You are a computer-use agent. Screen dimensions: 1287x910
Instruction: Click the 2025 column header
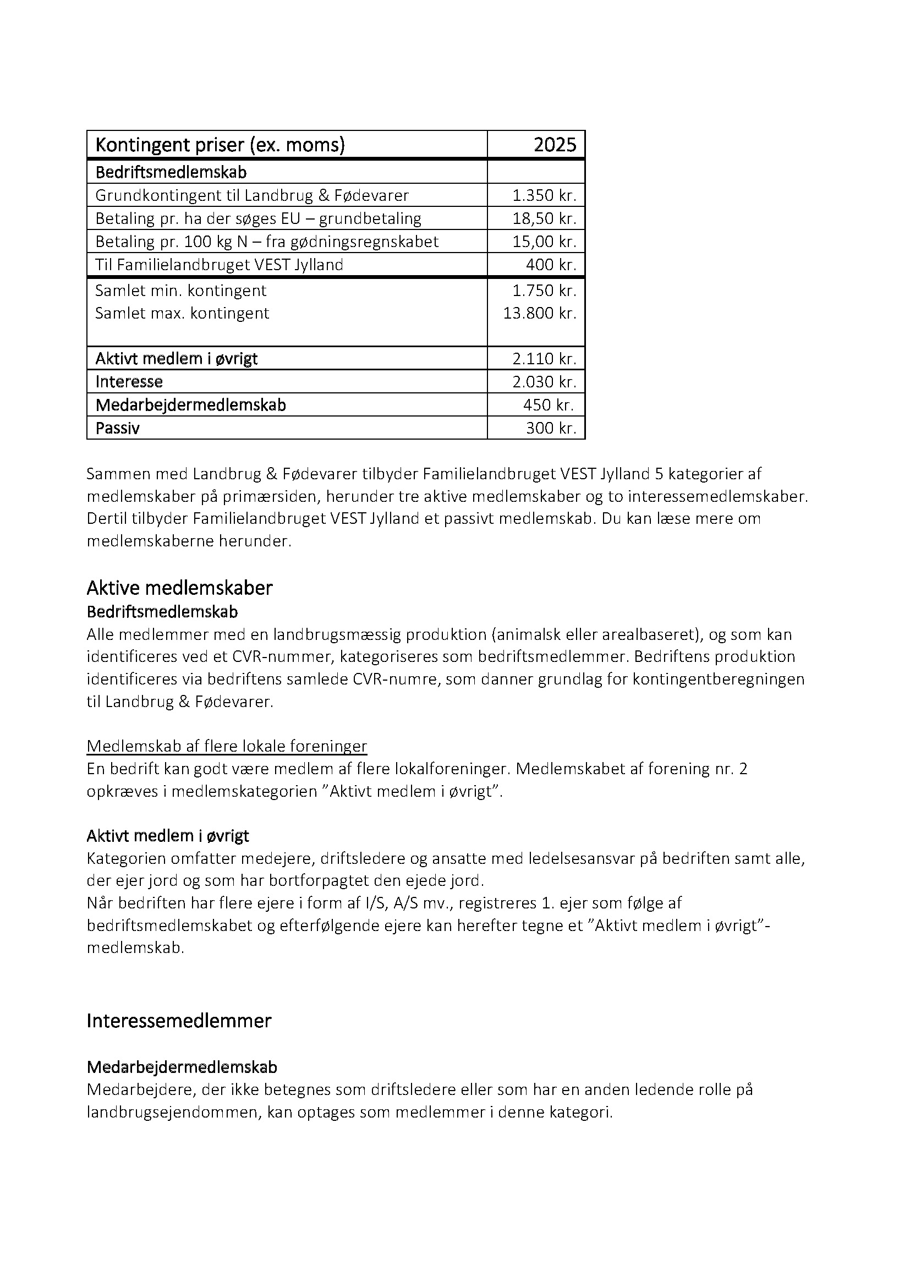click(554, 145)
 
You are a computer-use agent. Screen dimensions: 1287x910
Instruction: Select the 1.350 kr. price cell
click(544, 196)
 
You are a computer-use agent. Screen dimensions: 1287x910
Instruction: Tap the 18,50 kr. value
click(544, 218)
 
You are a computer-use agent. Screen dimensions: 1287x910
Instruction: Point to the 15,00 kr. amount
click(544, 242)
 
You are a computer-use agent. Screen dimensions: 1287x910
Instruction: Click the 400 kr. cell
click(551, 265)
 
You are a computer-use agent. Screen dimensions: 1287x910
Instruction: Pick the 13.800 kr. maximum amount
click(540, 313)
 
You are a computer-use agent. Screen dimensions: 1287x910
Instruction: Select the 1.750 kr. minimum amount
click(544, 291)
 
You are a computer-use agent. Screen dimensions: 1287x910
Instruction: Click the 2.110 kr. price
click(544, 359)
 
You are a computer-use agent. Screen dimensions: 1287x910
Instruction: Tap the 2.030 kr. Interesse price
click(544, 382)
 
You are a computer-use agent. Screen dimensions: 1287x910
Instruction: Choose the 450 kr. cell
click(549, 405)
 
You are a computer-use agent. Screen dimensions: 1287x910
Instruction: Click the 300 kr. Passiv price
click(551, 428)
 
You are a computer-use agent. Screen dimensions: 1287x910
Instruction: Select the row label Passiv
click(118, 428)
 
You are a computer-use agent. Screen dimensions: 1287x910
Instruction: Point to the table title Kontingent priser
click(220, 145)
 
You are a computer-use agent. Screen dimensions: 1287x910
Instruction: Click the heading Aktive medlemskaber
click(179, 588)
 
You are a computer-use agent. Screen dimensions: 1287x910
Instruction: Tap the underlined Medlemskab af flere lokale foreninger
click(226, 746)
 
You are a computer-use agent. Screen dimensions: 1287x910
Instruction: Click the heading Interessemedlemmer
click(179, 1021)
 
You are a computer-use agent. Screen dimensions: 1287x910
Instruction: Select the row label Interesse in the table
click(129, 382)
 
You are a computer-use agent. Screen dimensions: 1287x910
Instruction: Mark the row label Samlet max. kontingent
click(182, 313)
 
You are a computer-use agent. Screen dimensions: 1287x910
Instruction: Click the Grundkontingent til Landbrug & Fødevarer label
click(252, 196)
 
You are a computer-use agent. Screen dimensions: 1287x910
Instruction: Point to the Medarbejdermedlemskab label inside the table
click(190, 405)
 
